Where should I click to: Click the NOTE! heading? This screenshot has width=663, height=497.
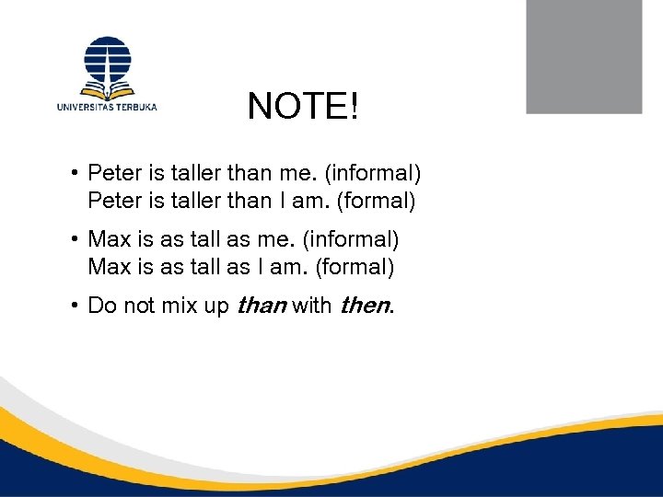point(302,108)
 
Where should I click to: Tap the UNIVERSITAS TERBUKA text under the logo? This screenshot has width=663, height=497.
point(107,107)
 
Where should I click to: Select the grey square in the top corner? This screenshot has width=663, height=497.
point(583,57)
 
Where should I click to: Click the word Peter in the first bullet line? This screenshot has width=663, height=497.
point(112,172)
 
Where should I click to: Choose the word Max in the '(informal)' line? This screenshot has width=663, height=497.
point(109,239)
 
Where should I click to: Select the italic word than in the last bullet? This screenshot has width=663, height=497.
point(262,306)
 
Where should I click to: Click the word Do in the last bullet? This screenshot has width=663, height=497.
point(101,306)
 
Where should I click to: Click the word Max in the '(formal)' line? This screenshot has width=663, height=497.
point(109,267)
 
